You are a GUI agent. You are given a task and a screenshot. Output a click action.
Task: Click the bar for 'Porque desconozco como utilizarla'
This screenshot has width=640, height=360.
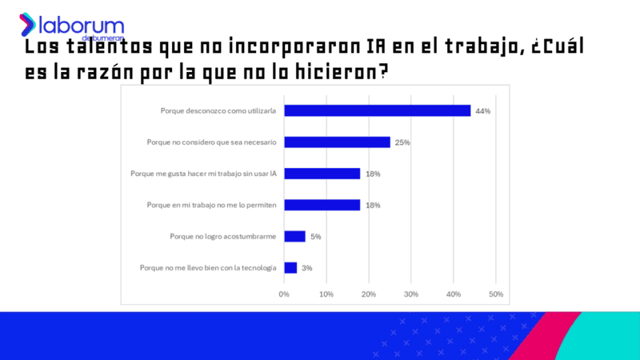pyautogui.click(x=377, y=110)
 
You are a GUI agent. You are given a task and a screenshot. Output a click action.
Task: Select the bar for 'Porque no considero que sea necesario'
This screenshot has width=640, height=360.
pyautogui.click(x=337, y=142)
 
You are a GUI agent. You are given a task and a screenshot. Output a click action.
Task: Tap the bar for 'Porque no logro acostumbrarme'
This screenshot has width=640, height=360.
pyautogui.click(x=294, y=236)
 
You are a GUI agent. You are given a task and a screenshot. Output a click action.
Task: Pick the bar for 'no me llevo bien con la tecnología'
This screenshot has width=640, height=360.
pyautogui.click(x=290, y=268)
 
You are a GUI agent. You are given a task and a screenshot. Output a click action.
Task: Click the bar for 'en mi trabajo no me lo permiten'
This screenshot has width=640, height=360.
pyautogui.click(x=322, y=205)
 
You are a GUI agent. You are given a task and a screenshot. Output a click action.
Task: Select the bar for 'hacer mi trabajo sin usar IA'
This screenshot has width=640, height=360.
pyautogui.click(x=322, y=174)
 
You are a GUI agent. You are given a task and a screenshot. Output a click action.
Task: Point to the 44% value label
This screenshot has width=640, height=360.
pyautogui.click(x=482, y=111)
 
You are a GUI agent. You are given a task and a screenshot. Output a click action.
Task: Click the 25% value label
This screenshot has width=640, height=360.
pyautogui.click(x=402, y=142)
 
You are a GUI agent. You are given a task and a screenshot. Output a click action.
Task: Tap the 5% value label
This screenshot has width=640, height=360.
pyautogui.click(x=315, y=236)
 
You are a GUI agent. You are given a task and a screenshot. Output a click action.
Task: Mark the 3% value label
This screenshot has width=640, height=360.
pyautogui.click(x=307, y=268)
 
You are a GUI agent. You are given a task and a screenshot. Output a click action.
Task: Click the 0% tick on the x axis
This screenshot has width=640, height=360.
pyautogui.click(x=284, y=294)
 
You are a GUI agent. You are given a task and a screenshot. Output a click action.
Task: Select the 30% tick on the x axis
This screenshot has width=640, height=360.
pyautogui.click(x=411, y=294)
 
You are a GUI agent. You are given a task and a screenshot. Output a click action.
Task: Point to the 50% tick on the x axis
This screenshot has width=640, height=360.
pyautogui.click(x=496, y=294)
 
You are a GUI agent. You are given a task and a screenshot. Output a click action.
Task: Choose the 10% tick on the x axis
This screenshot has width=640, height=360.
pyautogui.click(x=326, y=294)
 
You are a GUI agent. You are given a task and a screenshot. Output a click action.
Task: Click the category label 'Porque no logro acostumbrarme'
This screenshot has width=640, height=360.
pyautogui.click(x=223, y=236)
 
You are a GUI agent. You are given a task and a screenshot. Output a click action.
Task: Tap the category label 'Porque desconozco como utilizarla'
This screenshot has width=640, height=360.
pyautogui.click(x=218, y=111)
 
